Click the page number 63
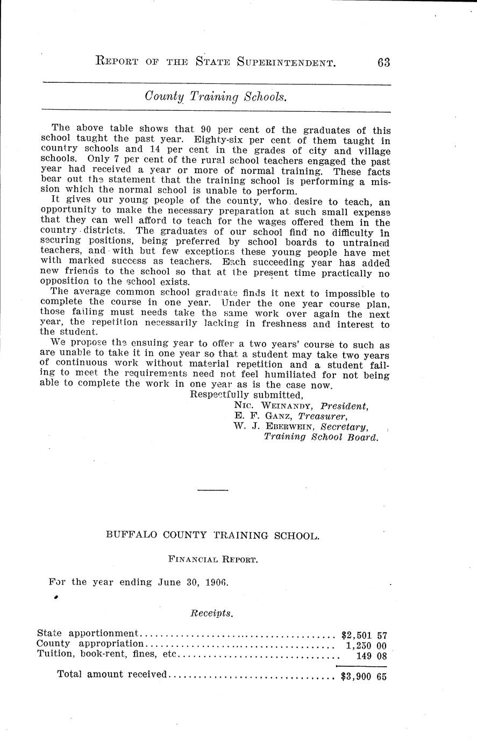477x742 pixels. coord(383,62)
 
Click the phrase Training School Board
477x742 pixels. coord(321,437)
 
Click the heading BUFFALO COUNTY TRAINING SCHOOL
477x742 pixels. coord(213,535)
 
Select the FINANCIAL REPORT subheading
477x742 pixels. coord(213,559)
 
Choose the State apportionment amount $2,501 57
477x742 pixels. coord(364,633)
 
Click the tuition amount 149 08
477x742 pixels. coord(371,655)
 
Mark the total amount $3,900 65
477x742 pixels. coord(364,676)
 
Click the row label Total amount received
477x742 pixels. coord(112,674)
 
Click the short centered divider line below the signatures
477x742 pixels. coord(213,490)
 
